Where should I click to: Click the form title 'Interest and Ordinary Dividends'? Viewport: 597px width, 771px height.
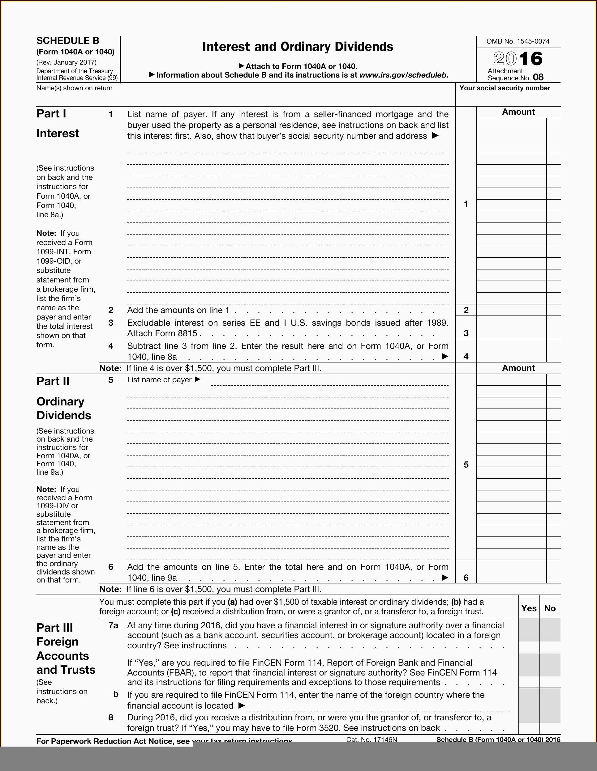tap(298, 47)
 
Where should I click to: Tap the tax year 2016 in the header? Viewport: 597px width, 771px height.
tap(518, 59)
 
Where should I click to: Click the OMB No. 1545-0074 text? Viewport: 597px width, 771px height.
tap(518, 41)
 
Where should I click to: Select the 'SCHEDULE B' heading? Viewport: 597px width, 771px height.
tap(68, 40)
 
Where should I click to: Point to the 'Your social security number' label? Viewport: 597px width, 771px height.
tap(505, 88)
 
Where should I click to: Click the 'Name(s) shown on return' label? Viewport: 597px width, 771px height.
tap(74, 88)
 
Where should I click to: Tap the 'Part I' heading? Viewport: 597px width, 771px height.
tap(51, 114)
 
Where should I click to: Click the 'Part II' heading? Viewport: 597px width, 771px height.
tap(53, 381)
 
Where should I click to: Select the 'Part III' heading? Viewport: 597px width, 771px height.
tap(55, 628)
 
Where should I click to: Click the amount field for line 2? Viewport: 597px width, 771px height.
tap(511, 310)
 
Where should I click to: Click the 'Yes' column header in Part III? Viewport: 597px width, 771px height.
tap(529, 608)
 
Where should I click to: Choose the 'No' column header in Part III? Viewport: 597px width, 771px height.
tap(550, 608)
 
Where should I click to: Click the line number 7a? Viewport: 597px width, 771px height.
tap(113, 625)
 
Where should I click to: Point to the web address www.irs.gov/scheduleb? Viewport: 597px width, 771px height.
tap(404, 75)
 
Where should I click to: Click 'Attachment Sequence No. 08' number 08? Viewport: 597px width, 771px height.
tap(538, 77)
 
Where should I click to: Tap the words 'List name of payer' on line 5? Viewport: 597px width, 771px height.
tap(159, 379)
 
